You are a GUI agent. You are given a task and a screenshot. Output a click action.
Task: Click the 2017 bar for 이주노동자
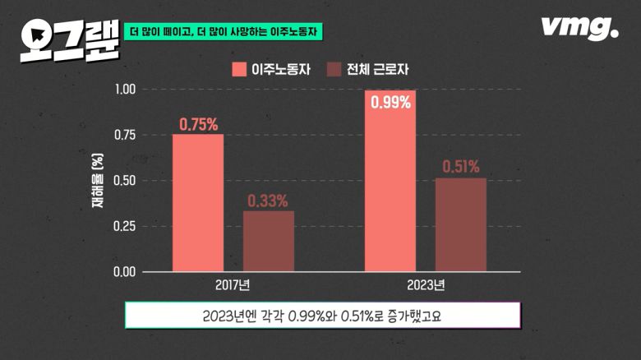pos(198,202)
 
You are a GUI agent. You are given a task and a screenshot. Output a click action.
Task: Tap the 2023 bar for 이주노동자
pos(390,181)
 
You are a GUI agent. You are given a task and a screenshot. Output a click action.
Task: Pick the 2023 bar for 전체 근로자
pos(460,224)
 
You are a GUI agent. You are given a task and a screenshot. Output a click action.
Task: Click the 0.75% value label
pos(198,125)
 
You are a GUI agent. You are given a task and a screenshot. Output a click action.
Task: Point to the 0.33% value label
pos(268,201)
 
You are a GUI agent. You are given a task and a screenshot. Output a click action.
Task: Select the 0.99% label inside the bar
pos(390,104)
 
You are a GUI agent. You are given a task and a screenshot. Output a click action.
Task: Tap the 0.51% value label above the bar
pos(460,167)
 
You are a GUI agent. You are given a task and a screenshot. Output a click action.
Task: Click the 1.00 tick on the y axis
pos(123,90)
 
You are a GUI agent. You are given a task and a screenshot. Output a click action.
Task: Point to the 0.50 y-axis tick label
pos(123,181)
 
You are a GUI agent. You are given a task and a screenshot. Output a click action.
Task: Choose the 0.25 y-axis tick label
pos(123,226)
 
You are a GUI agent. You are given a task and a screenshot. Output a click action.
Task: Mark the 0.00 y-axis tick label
pos(123,271)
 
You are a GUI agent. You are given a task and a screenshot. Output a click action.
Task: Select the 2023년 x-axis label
pos(425,286)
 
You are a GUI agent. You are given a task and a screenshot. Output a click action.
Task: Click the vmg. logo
pos(579,28)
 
